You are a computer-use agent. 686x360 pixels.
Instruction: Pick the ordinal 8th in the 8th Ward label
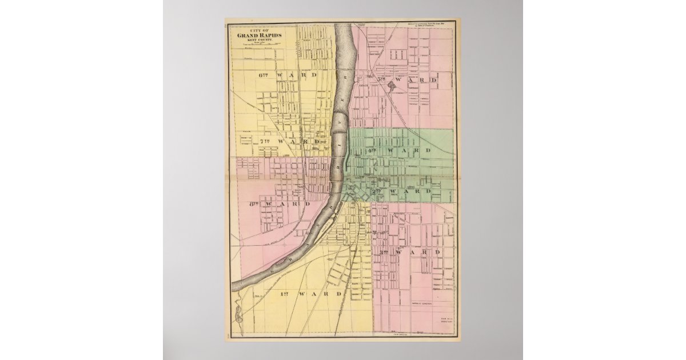point(254,204)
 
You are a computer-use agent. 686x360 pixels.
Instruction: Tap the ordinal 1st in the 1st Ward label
point(285,294)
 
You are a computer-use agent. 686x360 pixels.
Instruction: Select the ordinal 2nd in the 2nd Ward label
point(377,191)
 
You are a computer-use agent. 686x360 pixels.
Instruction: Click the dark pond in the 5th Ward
point(392,86)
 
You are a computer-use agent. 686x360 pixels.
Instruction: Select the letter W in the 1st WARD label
point(309,294)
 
